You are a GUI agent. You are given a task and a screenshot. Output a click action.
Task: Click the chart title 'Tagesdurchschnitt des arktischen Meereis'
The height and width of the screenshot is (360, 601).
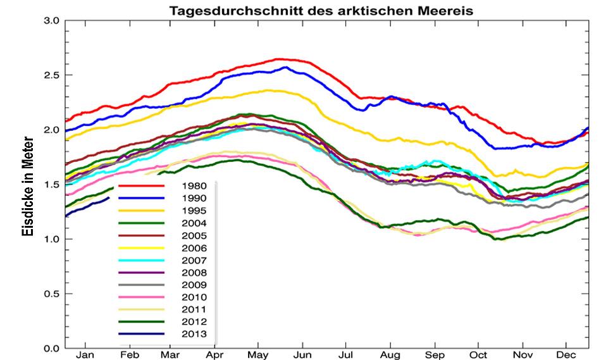click(320, 11)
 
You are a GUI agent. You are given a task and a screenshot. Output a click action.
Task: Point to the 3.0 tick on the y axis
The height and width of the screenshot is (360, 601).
click(51, 21)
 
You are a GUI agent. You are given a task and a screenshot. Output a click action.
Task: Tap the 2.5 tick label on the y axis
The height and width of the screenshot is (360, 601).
click(51, 75)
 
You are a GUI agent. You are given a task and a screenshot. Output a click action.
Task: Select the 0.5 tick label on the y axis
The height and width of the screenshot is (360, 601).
click(51, 294)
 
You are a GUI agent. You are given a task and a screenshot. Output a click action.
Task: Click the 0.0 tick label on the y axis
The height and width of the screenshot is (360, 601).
click(51, 348)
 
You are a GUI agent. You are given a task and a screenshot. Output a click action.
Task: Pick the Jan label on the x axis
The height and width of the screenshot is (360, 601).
click(85, 354)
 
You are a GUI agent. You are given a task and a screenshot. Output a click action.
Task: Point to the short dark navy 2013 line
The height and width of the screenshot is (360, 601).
click(89, 206)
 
